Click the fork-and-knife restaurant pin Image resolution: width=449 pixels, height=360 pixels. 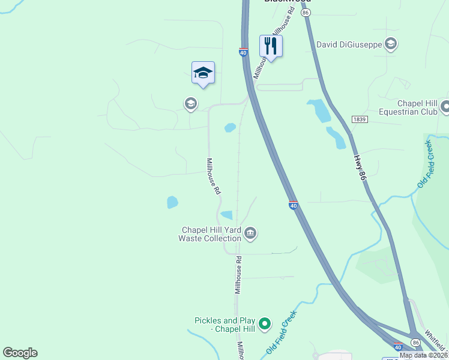click(x=271, y=46)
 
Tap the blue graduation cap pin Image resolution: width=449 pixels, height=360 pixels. click(x=203, y=73)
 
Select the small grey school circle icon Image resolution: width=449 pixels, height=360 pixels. click(x=190, y=104)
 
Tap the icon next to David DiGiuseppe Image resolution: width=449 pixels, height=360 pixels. click(x=391, y=43)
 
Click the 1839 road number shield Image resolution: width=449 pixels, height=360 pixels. click(x=359, y=119)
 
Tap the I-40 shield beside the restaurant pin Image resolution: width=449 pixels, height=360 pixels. click(x=243, y=53)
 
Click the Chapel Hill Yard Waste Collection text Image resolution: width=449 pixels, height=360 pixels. click(x=211, y=234)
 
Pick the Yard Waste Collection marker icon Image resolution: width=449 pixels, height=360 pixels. click(x=250, y=233)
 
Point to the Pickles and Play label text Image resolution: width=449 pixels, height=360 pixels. click(x=226, y=324)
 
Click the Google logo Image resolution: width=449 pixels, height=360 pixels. click(x=20, y=353)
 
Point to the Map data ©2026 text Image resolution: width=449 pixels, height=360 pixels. click(x=424, y=355)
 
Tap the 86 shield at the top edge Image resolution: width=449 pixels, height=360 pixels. click(x=306, y=12)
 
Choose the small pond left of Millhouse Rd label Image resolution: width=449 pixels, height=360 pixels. click(x=172, y=202)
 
